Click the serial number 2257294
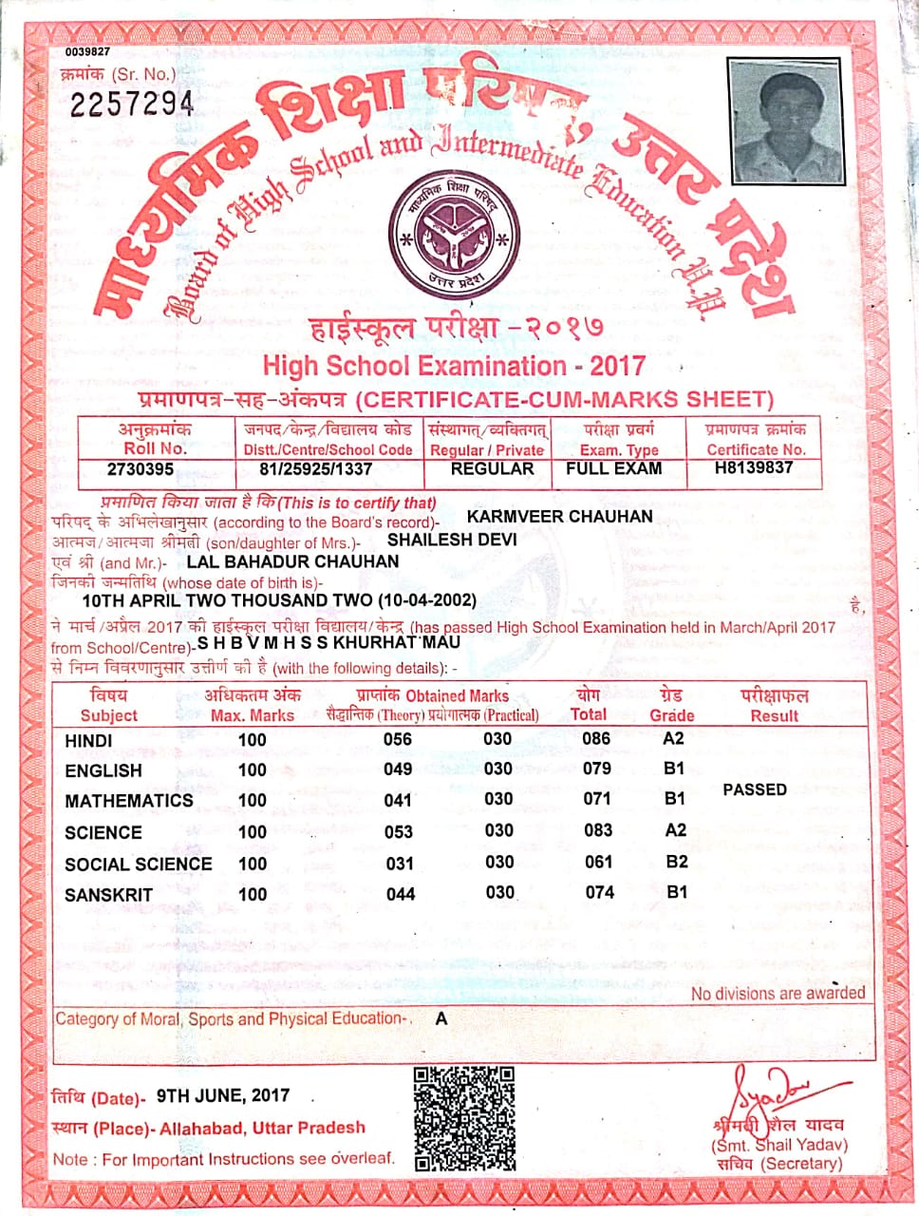pos(133,103)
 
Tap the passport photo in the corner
pos(787,120)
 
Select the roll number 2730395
pos(141,469)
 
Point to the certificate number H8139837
pos(755,467)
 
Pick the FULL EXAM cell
pos(613,468)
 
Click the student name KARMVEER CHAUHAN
pos(560,517)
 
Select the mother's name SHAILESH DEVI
pos(452,540)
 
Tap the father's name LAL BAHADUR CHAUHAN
pos(293,561)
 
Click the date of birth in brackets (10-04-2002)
pos(427,601)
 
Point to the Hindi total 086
pos(596,738)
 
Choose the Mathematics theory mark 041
pos(398,800)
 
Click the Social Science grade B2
pos(676,862)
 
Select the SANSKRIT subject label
pos(108,895)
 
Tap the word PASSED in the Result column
pos(755,789)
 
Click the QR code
pos(465,1118)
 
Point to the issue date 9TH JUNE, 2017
pos(224,1095)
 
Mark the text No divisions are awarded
pos(778,994)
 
